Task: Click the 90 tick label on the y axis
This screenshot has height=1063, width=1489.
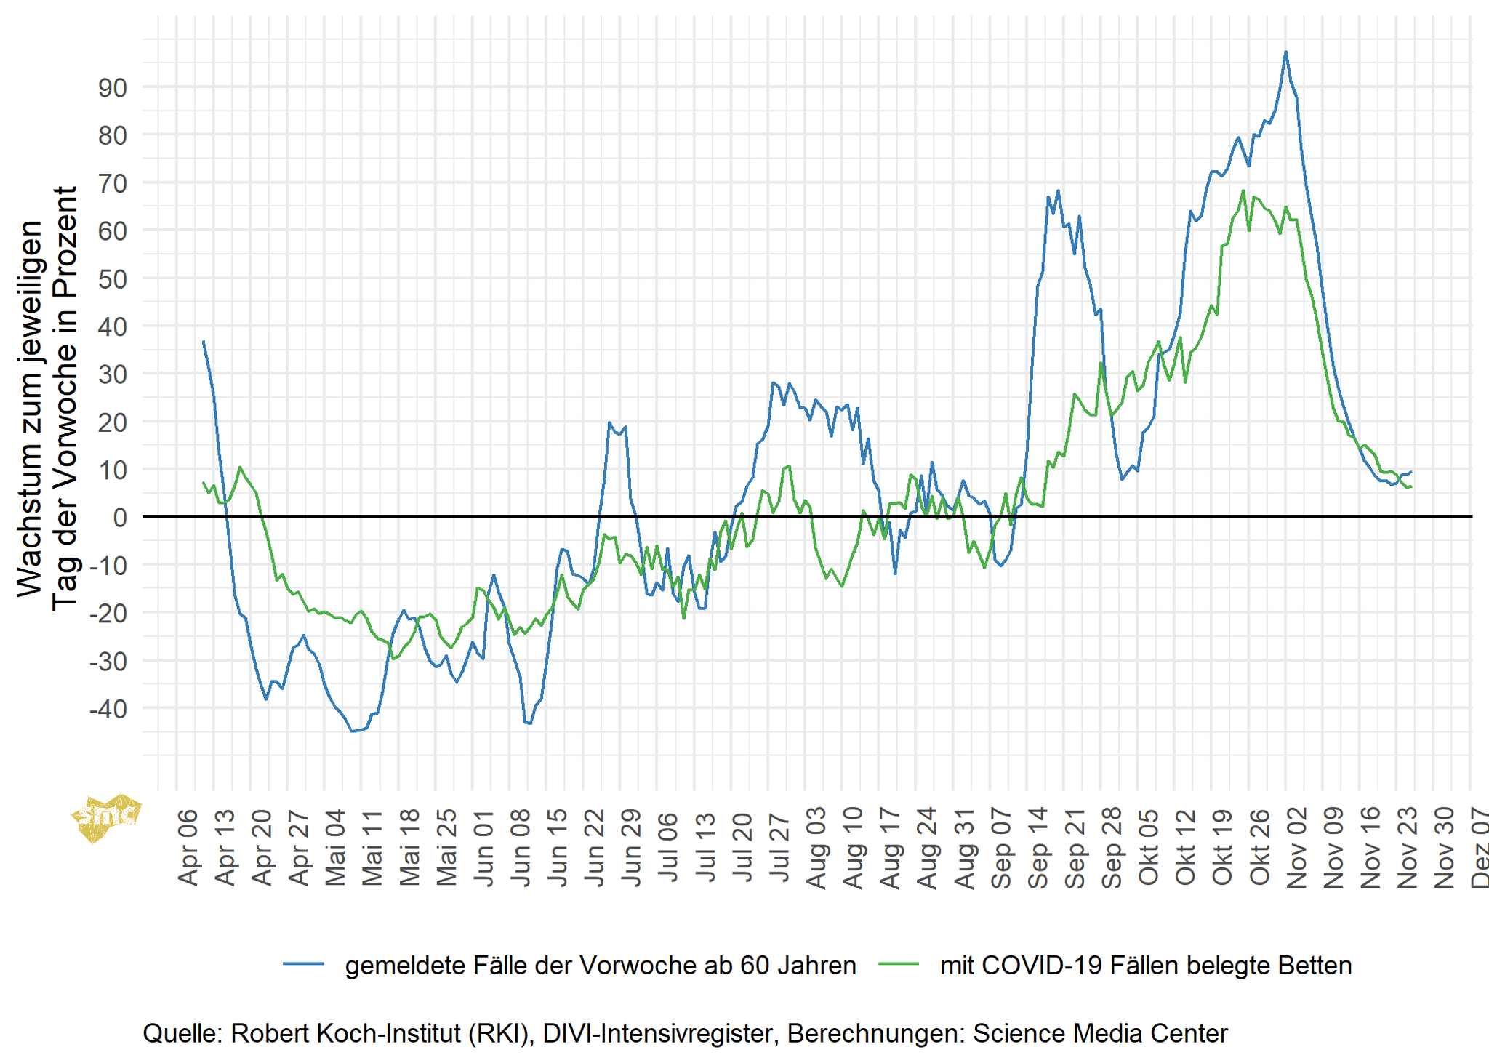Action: [112, 89]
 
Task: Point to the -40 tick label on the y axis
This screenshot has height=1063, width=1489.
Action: [108, 709]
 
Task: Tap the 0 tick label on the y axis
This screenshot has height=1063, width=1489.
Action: [119, 518]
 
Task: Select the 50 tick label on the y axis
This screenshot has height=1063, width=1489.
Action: [112, 280]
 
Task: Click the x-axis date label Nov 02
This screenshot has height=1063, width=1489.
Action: [1297, 848]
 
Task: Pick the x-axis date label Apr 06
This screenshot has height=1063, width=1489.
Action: [188, 848]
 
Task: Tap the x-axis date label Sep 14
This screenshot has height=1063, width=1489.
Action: [1038, 848]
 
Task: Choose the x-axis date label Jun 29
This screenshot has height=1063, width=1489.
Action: [632, 848]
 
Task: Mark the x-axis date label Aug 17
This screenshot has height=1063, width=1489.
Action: [891, 848]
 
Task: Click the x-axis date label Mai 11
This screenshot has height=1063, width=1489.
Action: [373, 848]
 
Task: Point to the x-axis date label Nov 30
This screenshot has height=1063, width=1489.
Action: [1445, 848]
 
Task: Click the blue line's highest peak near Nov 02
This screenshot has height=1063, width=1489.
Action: [1285, 52]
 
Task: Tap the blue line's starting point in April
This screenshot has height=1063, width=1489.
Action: [204, 342]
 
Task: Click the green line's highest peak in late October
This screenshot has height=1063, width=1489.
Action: [1243, 191]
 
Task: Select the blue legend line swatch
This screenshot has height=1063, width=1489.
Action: [303, 964]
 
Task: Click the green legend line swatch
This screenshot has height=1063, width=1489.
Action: [899, 964]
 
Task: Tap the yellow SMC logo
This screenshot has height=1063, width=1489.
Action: [105, 817]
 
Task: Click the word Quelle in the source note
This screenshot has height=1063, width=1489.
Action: [182, 1033]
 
